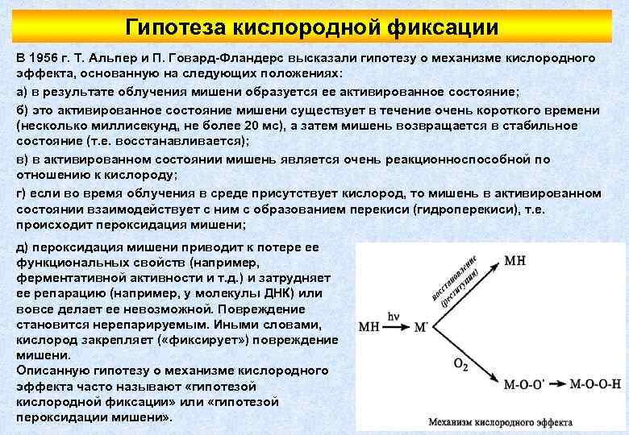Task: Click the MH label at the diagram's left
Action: coord(369,328)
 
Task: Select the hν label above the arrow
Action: coord(394,318)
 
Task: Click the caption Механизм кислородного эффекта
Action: coord(500,421)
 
